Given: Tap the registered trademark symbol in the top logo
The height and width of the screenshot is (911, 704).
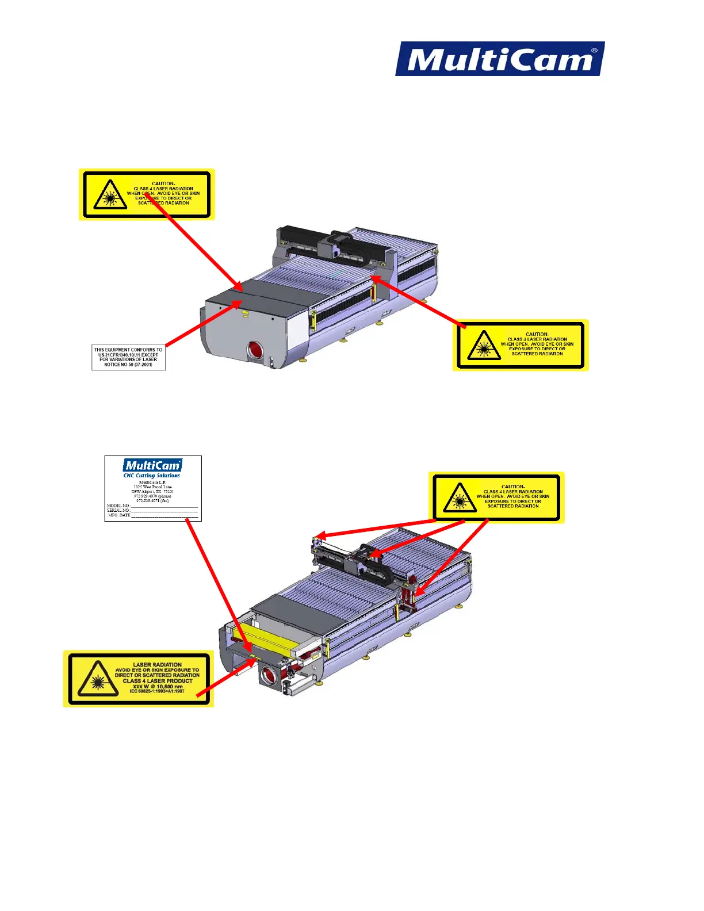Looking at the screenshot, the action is point(594,51).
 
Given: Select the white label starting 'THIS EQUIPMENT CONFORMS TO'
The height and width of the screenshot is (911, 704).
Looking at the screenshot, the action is point(128,357).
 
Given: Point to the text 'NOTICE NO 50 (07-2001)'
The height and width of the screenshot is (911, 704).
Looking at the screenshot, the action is point(128,365).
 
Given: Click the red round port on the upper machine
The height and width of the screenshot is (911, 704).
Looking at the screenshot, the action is point(254,350).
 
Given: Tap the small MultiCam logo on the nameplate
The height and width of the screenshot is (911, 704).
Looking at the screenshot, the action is point(152,465).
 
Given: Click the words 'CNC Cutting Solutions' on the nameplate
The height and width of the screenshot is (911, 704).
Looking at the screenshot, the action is point(152,476).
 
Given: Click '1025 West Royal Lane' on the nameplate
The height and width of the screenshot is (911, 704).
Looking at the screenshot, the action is point(152,487).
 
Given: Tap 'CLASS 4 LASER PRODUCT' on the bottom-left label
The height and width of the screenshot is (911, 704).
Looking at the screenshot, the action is point(158,681).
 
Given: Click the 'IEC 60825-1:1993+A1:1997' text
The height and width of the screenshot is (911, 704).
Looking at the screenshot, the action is point(157,691).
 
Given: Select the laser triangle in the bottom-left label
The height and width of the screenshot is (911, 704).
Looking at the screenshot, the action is point(97,680).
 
